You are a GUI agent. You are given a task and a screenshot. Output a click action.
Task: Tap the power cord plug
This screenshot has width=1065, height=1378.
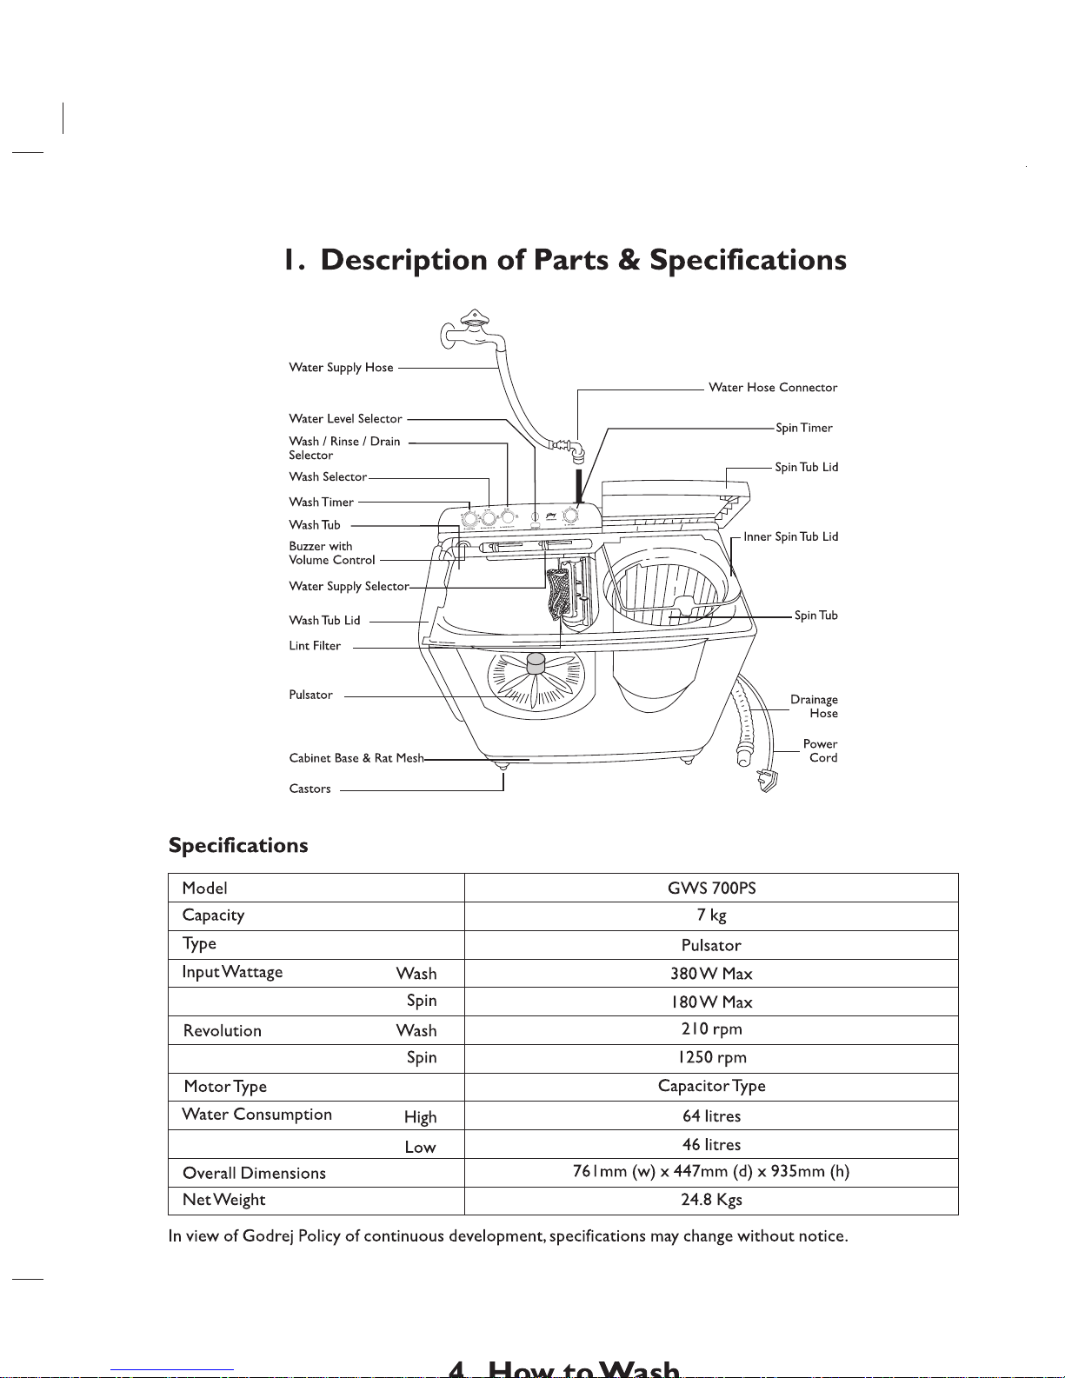click(x=768, y=780)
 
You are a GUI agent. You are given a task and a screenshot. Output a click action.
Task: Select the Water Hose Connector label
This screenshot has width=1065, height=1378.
click(x=773, y=388)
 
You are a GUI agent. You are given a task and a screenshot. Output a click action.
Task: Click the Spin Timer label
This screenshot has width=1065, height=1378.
click(x=804, y=428)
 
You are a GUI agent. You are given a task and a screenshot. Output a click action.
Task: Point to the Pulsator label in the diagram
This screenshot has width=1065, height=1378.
click(x=310, y=695)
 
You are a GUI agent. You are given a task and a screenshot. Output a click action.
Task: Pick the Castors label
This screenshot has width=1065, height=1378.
click(x=310, y=789)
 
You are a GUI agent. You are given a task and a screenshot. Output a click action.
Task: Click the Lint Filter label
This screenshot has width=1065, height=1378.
click(x=315, y=646)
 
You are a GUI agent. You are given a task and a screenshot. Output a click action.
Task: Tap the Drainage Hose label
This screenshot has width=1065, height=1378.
click(x=814, y=707)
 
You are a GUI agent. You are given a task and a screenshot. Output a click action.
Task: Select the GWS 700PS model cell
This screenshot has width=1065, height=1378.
click(x=711, y=888)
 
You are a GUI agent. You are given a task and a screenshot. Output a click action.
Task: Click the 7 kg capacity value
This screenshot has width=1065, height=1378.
click(x=711, y=915)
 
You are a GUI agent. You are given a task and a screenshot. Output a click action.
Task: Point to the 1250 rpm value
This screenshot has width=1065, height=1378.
click(x=712, y=1057)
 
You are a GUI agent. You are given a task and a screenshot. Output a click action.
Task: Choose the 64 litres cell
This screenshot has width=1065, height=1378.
click(x=711, y=1115)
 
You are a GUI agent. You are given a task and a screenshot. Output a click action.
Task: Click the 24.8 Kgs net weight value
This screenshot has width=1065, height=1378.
click(x=711, y=1200)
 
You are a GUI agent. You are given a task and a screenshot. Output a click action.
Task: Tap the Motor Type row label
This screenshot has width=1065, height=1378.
click(x=225, y=1087)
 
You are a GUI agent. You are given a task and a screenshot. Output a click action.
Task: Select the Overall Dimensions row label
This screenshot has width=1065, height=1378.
click(x=254, y=1173)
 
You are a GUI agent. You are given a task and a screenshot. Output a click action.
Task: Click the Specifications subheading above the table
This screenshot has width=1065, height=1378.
click(x=238, y=845)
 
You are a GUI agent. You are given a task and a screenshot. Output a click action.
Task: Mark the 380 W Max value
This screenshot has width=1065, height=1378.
click(x=711, y=974)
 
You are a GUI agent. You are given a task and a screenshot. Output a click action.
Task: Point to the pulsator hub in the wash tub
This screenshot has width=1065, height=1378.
click(x=536, y=664)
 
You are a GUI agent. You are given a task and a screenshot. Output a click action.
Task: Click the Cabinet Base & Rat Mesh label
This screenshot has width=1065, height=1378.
click(x=356, y=758)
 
